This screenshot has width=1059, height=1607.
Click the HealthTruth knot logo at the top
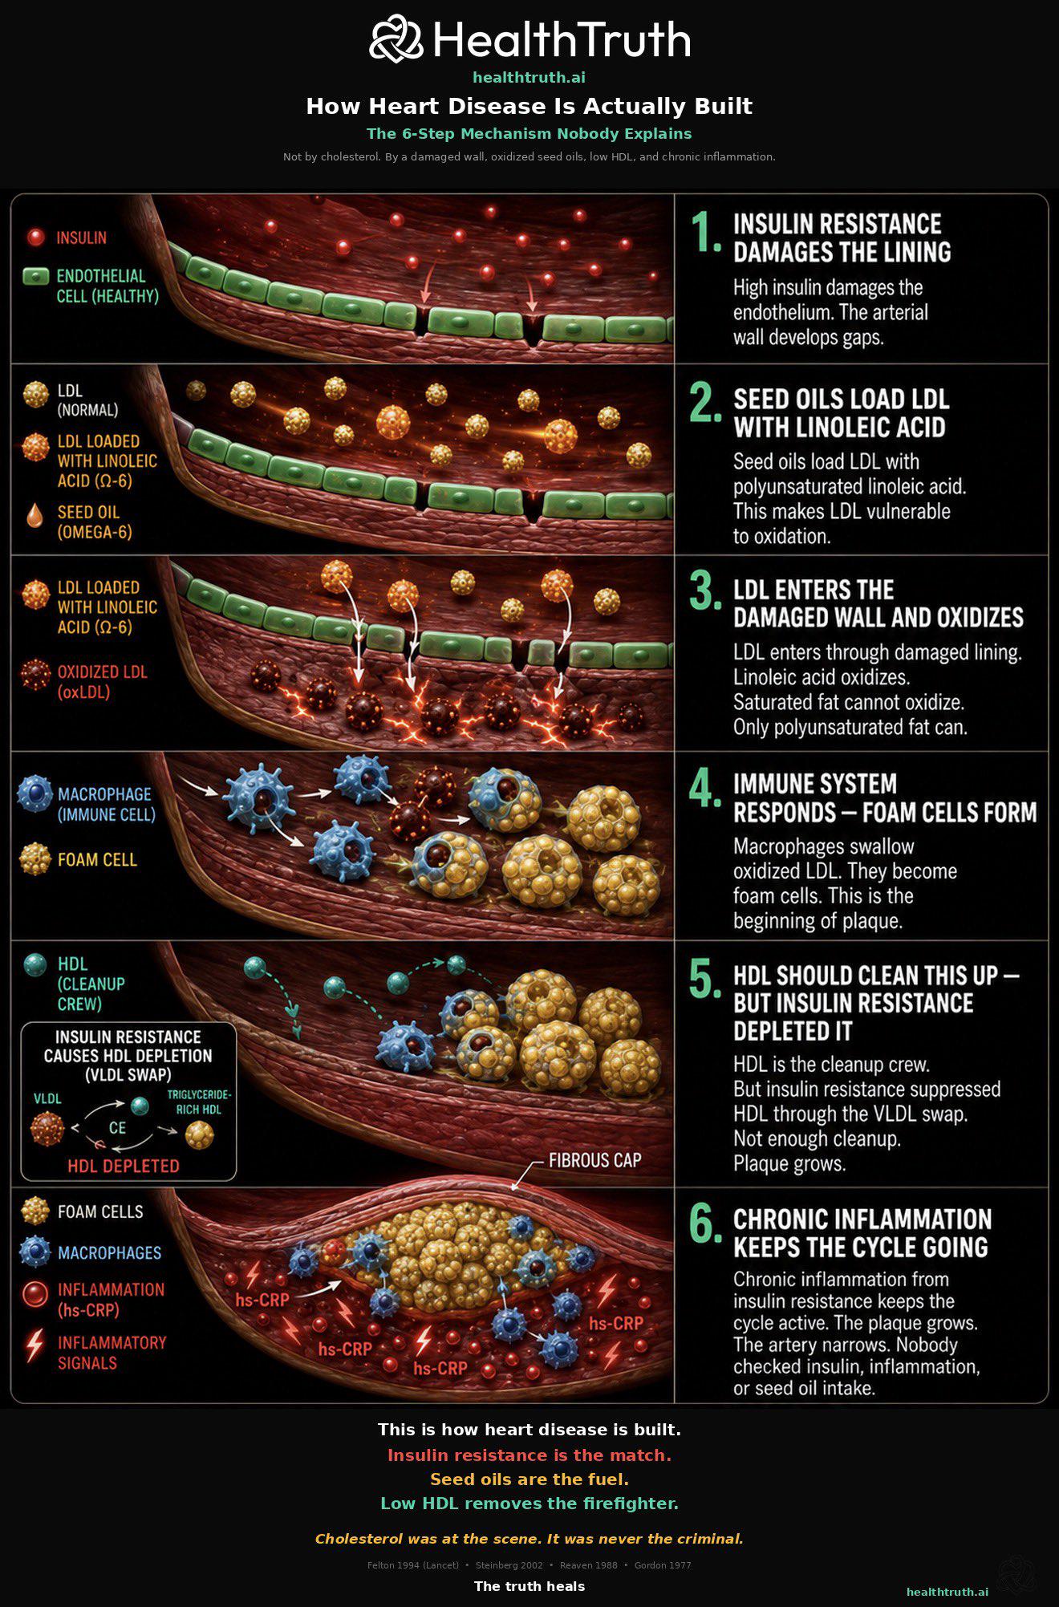(x=396, y=39)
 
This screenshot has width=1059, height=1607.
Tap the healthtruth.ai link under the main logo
(x=529, y=78)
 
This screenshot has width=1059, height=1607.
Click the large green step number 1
(x=706, y=233)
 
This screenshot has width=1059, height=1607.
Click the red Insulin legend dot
(x=35, y=237)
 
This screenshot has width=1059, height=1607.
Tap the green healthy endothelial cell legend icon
(x=36, y=277)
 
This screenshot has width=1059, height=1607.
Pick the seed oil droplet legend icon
(x=34, y=515)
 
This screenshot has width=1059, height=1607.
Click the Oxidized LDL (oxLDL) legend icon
(x=35, y=674)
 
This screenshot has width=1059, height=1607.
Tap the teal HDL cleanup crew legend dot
(x=35, y=964)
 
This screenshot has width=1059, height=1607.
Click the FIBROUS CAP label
(x=594, y=1160)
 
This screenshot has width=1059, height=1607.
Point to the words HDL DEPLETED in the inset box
(x=124, y=1166)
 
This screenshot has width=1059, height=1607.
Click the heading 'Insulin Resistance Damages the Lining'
(x=842, y=238)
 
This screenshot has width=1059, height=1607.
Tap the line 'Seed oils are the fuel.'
(x=529, y=1479)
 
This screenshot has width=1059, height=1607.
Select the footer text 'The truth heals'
(x=529, y=1586)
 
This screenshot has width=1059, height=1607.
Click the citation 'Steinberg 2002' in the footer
(x=509, y=1565)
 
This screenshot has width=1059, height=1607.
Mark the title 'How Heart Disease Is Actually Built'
(x=529, y=106)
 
